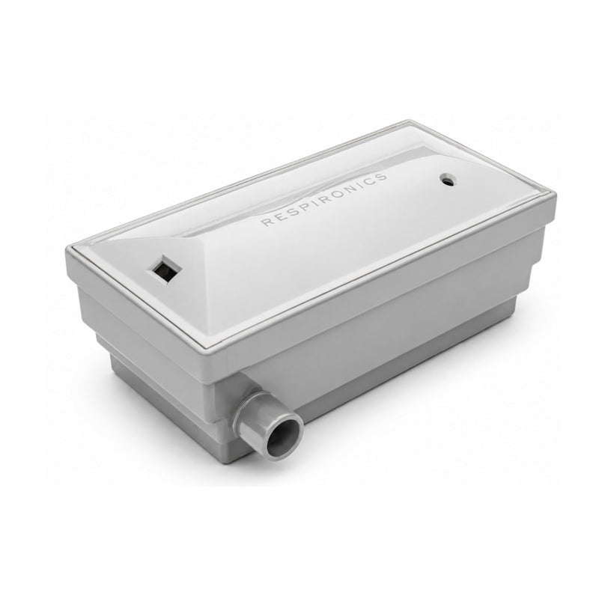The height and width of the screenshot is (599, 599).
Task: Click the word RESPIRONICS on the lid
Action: pos(325,199)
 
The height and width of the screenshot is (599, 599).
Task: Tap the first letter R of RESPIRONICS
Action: pos(266,222)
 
